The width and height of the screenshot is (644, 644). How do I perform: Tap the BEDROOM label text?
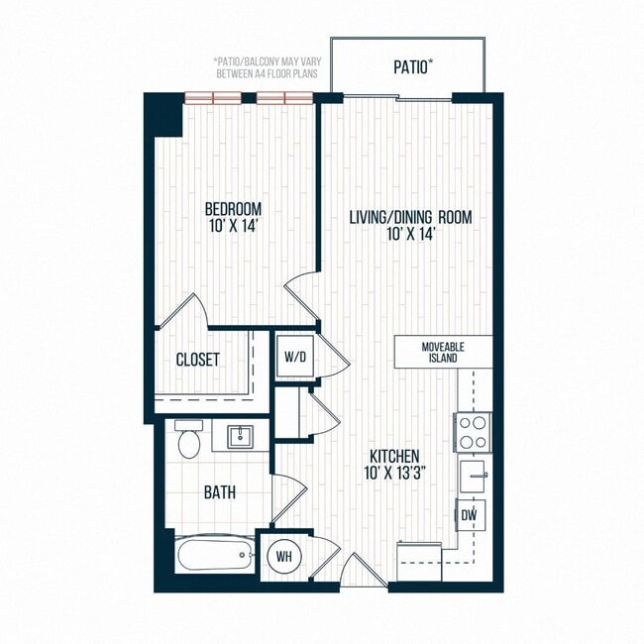pos(233,209)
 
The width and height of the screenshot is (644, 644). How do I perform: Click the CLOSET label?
pos(197,360)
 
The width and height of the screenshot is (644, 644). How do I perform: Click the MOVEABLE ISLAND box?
pos(443,351)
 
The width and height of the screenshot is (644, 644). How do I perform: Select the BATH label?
pos(220,491)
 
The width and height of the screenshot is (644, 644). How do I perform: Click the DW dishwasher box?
pos(470,515)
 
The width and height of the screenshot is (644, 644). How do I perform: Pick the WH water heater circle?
pos(283,556)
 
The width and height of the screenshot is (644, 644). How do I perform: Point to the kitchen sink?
pos(473,477)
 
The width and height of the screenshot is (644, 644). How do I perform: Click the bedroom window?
pos(250,97)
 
